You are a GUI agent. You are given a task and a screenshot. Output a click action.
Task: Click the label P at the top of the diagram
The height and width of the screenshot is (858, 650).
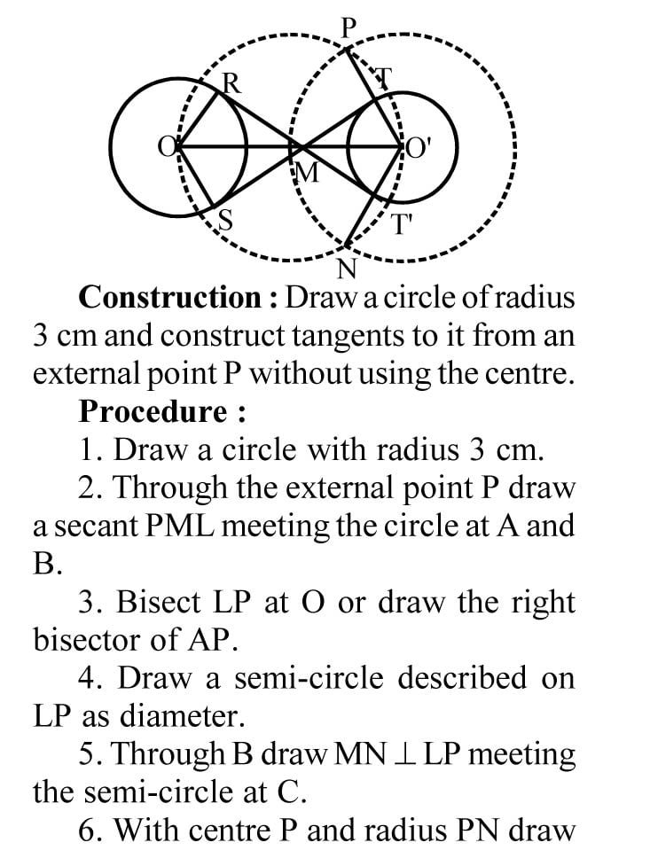pos(348,27)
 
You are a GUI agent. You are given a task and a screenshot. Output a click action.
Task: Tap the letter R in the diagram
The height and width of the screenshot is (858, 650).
pos(231,83)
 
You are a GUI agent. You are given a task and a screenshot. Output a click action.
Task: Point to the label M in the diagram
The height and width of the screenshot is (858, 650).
pos(305,174)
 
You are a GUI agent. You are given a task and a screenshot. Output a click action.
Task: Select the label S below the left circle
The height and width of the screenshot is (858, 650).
pos(226,221)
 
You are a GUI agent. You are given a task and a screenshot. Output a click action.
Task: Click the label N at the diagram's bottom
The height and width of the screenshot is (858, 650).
pos(347,267)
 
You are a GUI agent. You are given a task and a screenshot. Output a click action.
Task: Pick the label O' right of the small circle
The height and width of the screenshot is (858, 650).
pos(419,147)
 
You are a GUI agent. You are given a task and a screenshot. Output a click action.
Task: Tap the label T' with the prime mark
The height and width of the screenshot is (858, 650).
pos(403,223)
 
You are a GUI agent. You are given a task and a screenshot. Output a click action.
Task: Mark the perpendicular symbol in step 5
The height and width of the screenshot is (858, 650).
pos(438,754)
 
